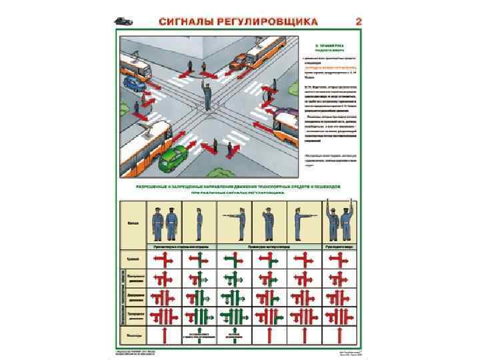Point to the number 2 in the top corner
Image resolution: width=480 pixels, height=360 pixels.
359,21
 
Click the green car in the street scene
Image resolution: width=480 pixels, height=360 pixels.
171,159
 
